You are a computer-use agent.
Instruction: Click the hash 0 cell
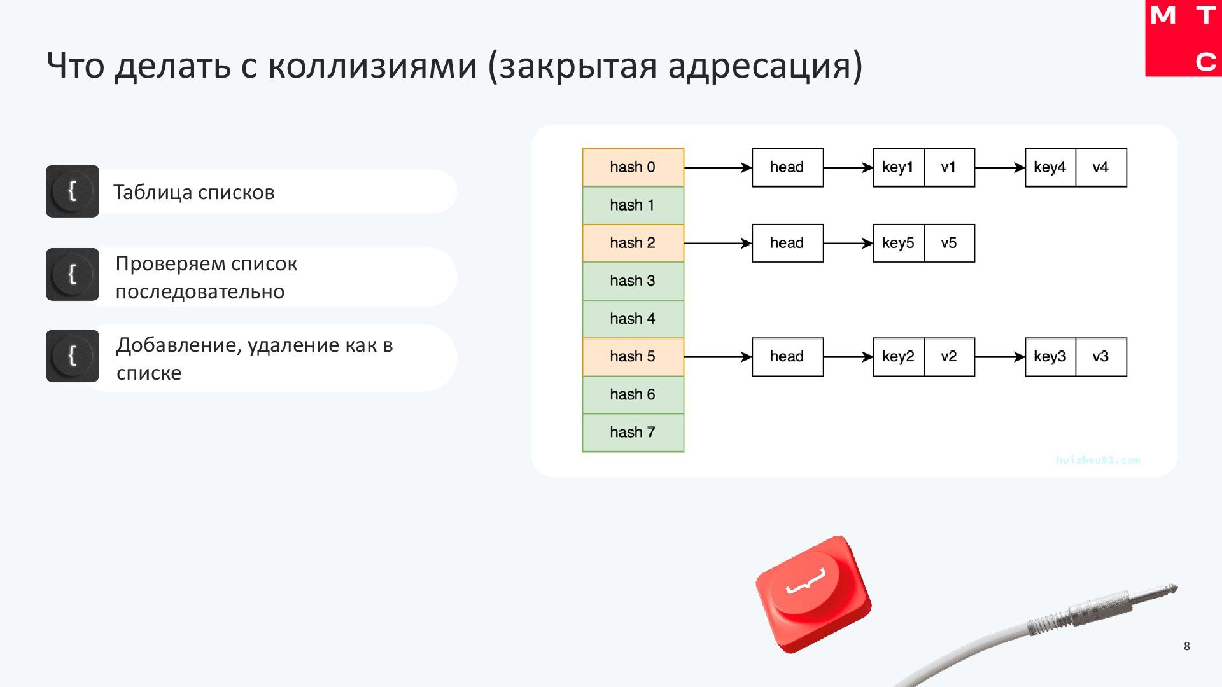tap(633, 167)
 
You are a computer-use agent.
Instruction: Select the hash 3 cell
tap(633, 281)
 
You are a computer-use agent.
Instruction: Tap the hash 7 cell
tap(633, 433)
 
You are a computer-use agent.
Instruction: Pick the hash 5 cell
tap(633, 357)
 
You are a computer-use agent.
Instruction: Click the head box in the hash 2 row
tap(787, 243)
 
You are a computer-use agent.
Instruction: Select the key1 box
tap(898, 167)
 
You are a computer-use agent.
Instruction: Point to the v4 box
tap(1101, 167)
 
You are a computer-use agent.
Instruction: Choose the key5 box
tap(898, 243)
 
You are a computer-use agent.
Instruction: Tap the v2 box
tap(949, 357)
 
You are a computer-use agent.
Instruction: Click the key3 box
tap(1050, 357)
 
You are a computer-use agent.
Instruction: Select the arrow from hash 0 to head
tap(717, 167)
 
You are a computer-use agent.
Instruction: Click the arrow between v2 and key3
tap(999, 357)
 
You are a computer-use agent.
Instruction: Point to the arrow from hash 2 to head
tap(717, 243)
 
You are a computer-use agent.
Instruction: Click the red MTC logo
tap(1183, 38)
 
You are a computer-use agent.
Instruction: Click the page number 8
tap(1186, 646)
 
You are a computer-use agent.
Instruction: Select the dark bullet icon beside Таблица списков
tap(73, 191)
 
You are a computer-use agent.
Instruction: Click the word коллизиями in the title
tap(372, 66)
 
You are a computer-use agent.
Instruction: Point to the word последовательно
tap(200, 292)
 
